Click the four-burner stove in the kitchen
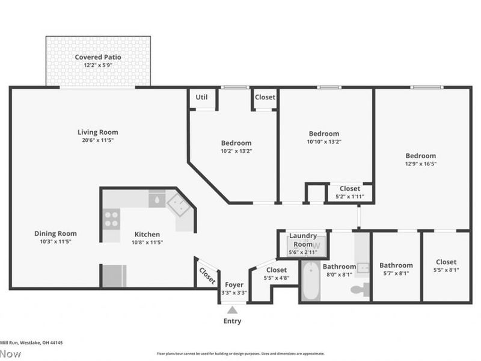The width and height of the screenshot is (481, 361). point(111,218)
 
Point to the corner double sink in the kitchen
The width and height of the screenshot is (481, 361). point(180,206)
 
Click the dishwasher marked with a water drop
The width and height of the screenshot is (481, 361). point(157,199)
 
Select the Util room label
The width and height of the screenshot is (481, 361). point(201,97)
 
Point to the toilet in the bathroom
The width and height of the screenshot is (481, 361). point(359,289)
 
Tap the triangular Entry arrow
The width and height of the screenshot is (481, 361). point(232,309)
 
